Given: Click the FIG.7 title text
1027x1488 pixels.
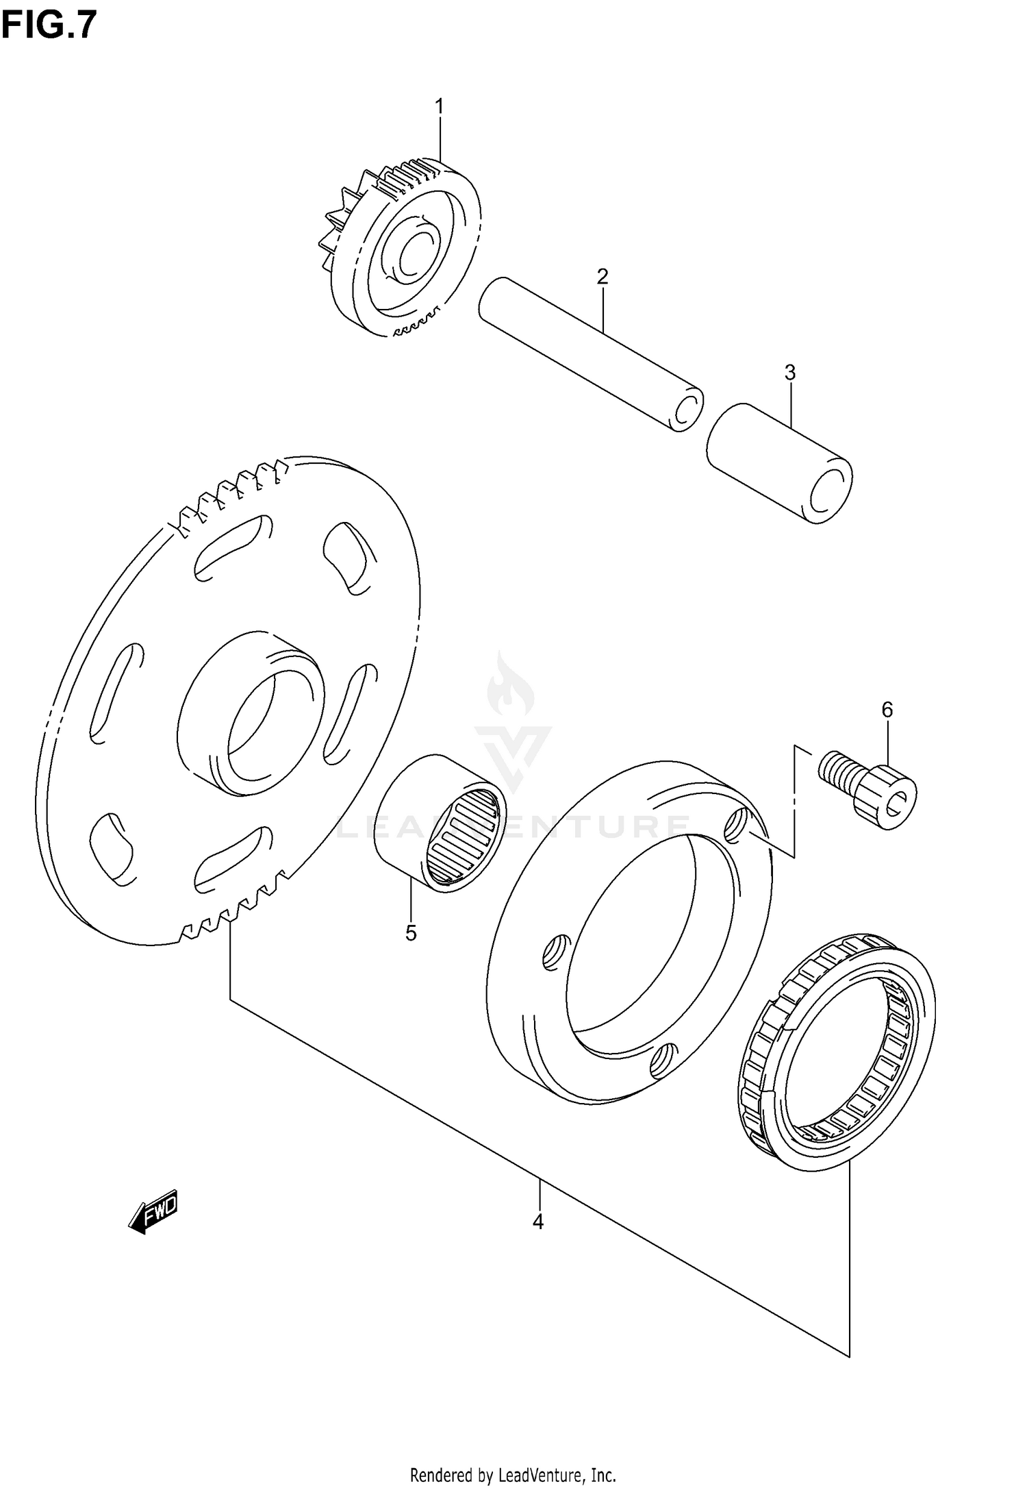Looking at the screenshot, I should [x=49, y=26].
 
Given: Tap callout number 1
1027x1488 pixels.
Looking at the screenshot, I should [x=439, y=107].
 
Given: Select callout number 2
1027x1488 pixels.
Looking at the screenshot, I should [x=603, y=277].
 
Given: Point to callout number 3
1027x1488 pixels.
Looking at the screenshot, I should [x=789, y=373].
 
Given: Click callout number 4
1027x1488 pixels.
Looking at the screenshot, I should [x=538, y=1221].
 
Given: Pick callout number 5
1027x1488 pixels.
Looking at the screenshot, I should [x=411, y=932].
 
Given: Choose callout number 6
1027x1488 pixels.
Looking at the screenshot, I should [x=887, y=710].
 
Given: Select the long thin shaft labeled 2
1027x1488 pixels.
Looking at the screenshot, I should [x=589, y=353].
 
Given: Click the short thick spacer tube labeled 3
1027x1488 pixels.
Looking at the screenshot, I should [x=779, y=463].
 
